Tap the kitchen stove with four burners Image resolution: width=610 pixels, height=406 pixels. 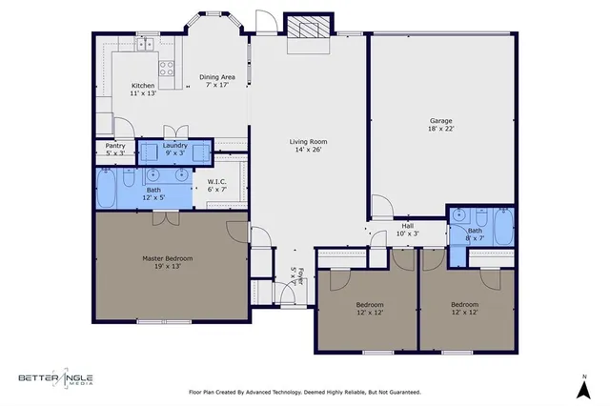point(166,68)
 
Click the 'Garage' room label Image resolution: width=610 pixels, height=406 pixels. point(440,121)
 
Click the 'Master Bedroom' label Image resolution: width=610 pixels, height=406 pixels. point(167,258)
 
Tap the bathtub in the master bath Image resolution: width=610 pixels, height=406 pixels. point(106,188)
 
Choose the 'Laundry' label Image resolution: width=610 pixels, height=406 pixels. point(174,146)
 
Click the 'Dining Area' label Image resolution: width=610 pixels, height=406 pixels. point(216,76)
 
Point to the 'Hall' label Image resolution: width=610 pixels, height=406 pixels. point(406,226)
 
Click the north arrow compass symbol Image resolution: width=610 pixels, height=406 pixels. point(580,387)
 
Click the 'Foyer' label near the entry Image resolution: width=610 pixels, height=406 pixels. point(298,277)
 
